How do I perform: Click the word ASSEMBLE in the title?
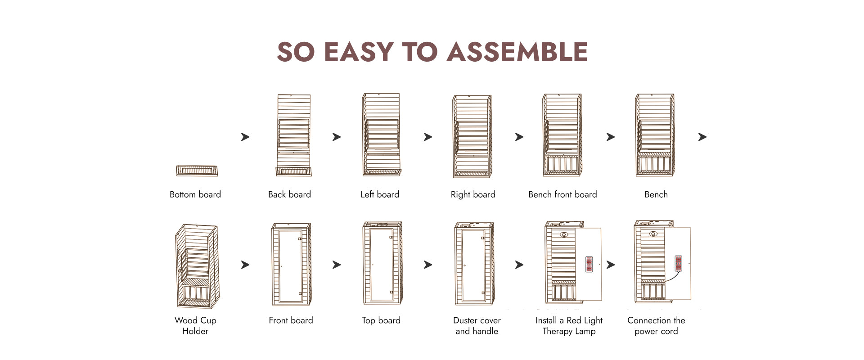point(517,52)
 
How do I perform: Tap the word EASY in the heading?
point(359,52)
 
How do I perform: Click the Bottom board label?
point(195,194)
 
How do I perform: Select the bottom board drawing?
point(197,171)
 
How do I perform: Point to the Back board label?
point(289,194)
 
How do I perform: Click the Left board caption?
point(380,194)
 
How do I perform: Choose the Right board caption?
point(473,194)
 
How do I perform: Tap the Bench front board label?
point(562,194)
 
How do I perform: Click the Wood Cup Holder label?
point(195,325)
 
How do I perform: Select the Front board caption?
point(291,320)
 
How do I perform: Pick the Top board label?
point(381,320)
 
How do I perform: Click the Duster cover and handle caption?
point(477,325)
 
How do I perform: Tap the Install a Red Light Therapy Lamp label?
point(569,325)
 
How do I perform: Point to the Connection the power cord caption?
point(656,325)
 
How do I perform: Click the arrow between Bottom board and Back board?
point(245,137)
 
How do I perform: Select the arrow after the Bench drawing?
point(702,137)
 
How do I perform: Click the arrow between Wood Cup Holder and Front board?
point(245,265)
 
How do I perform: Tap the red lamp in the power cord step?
point(679,263)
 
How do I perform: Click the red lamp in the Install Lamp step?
point(589,264)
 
